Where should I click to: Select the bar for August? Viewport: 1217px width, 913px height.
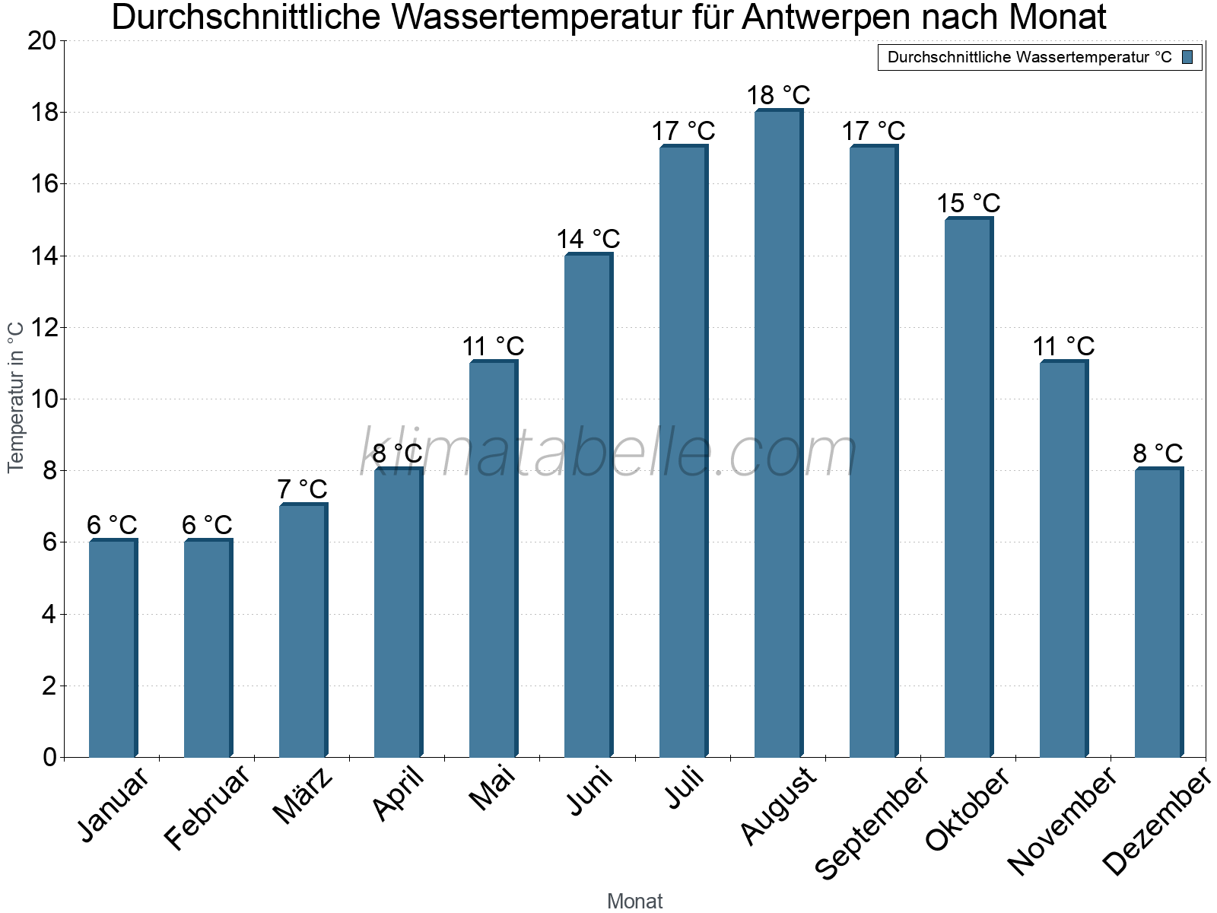[x=778, y=434]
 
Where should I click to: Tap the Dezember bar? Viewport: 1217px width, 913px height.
[x=1158, y=612]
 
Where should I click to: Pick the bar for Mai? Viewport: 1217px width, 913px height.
[x=493, y=559]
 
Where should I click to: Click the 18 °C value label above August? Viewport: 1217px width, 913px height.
[x=778, y=96]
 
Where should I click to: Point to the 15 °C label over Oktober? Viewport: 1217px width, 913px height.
[x=968, y=204]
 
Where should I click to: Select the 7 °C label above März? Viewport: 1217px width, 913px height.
[x=302, y=489]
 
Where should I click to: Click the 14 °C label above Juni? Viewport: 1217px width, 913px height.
[x=588, y=240]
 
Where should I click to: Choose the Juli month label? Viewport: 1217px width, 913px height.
[x=685, y=787]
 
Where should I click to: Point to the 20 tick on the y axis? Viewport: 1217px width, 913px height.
[x=42, y=41]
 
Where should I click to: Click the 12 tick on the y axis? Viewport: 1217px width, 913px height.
[x=42, y=328]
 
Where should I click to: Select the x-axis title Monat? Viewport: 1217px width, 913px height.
[x=634, y=901]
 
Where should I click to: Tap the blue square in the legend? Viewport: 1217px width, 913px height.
[x=1187, y=57]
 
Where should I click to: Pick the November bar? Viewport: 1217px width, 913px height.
[x=1063, y=559]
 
